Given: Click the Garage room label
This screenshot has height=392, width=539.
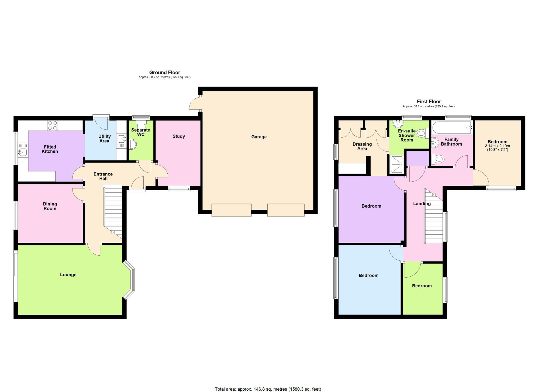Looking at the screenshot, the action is pos(259,137).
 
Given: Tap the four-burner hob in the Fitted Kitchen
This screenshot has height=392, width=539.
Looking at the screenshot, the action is pos(53,126).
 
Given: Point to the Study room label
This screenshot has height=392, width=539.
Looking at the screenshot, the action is pos(179,136).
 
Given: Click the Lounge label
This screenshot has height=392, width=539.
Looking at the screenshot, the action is pos(68,275).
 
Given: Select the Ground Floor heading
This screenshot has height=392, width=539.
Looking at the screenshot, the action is pos(165,72).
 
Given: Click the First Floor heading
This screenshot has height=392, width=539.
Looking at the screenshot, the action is pos(429,101).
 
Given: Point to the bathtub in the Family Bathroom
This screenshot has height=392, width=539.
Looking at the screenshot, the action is pos(452,127).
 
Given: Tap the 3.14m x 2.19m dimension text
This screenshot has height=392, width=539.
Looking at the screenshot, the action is pos(497,146).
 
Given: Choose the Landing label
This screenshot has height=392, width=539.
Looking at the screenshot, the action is pos(422,204).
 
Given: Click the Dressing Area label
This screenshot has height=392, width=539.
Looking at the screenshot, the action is pos(362,146).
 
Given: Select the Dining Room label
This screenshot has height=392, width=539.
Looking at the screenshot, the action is pos(50,206).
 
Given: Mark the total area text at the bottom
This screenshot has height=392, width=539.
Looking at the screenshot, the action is pos(268,389).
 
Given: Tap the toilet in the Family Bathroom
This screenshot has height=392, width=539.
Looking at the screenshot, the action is pos(438,159).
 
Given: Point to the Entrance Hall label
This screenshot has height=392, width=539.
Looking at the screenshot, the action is pos(103,176).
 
